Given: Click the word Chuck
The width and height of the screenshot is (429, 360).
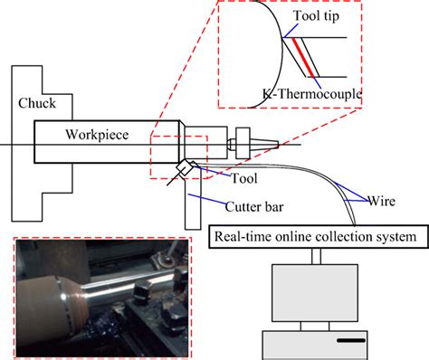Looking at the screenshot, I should pos(36,104).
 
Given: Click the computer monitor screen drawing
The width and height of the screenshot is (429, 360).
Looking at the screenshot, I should pos(313,293).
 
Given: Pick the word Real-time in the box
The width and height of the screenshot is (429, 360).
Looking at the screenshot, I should pos(238,238).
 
